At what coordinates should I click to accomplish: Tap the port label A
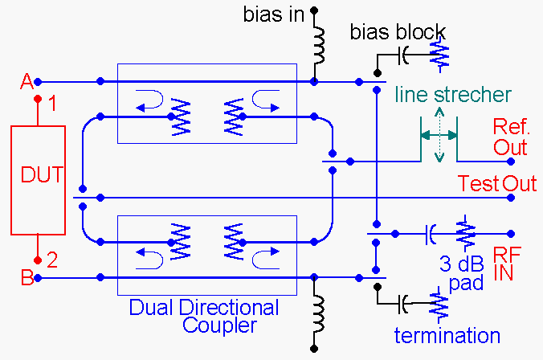tap(26, 81)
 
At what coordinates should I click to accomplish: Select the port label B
tap(27, 279)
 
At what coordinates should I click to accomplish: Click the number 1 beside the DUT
tap(52, 103)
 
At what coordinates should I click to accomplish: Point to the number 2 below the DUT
tap(52, 259)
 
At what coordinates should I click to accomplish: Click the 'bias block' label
tap(398, 33)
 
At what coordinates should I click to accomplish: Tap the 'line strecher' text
tap(452, 95)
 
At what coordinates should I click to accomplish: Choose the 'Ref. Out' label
tap(510, 137)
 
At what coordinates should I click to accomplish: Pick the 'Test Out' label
tap(497, 184)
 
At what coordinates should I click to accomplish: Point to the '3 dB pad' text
tap(466, 272)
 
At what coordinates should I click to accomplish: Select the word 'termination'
tap(447, 335)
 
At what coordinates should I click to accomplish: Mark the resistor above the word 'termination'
tap(438, 305)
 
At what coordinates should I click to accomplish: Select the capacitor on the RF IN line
tap(431, 234)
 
